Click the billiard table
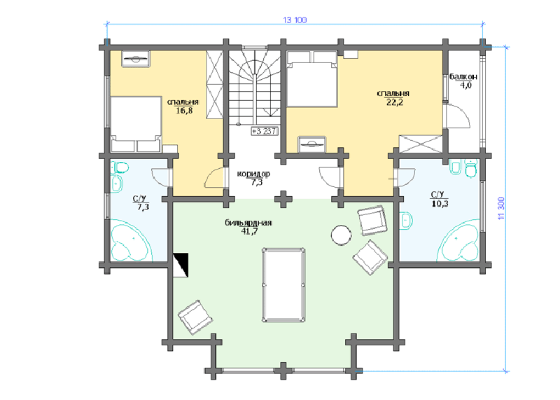pyautogui.click(x=283, y=285)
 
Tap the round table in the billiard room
pyautogui.click(x=341, y=235)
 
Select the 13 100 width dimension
pyautogui.click(x=295, y=20)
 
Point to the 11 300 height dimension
pyautogui.click(x=501, y=207)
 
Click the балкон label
pyautogui.click(x=463, y=77)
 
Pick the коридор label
pyautogui.click(x=253, y=174)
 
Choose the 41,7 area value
pyautogui.click(x=249, y=231)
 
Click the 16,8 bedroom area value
pyautogui.click(x=184, y=111)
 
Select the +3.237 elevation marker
pyautogui.click(x=265, y=131)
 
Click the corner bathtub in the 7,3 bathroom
pyautogui.click(x=130, y=240)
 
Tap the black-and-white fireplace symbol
pyautogui.click(x=181, y=265)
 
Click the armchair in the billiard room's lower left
pyautogui.click(x=196, y=317)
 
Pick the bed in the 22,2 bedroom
pyautogui.click(x=312, y=78)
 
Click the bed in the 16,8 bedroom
pyautogui.click(x=136, y=124)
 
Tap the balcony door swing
pyautogui.click(x=457, y=116)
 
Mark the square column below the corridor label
pyautogui.click(x=283, y=199)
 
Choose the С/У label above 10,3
pyautogui.click(x=437, y=195)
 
